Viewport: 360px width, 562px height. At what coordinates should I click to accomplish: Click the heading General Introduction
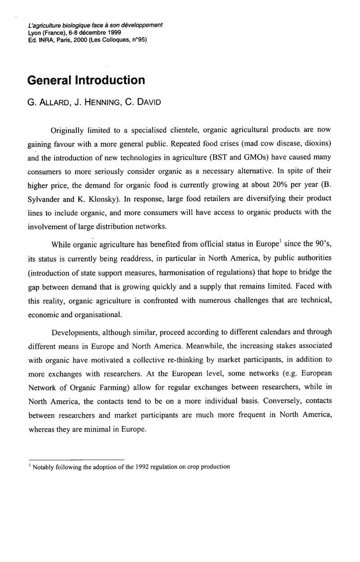86,80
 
